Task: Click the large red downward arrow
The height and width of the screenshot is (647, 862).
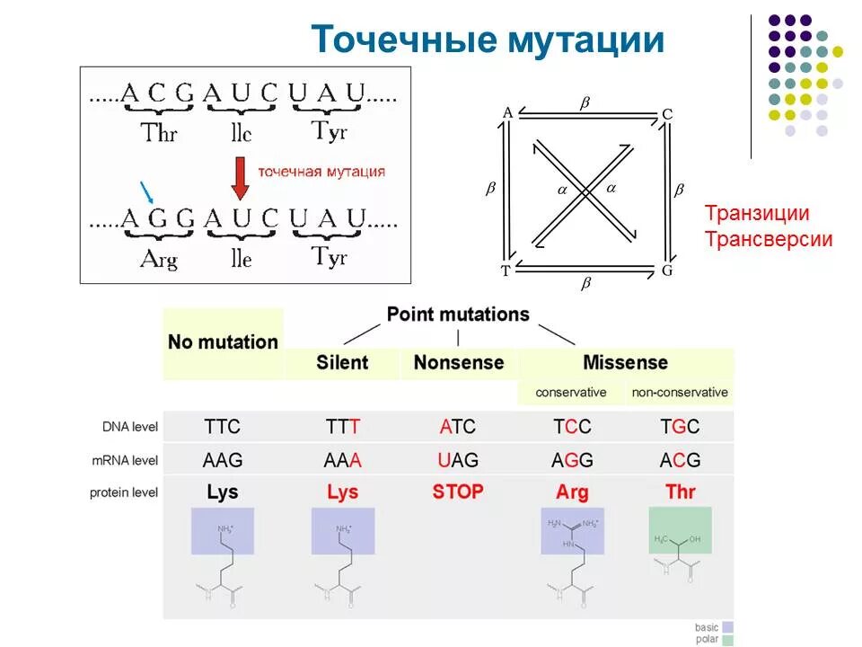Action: (x=240, y=177)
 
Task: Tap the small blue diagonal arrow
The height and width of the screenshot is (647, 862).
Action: (x=147, y=191)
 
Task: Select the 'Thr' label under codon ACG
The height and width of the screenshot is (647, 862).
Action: (x=160, y=133)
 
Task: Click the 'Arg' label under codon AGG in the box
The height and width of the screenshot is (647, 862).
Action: (x=159, y=260)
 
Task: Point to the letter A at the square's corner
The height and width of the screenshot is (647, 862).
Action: (x=507, y=112)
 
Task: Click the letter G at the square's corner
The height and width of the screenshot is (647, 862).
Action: (x=667, y=270)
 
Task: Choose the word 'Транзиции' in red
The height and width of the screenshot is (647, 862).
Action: (x=757, y=214)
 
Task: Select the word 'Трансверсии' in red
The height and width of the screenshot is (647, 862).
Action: (x=769, y=240)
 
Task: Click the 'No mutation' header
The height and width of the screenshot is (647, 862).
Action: (x=223, y=342)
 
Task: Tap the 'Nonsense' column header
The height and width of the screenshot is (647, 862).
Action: (x=458, y=363)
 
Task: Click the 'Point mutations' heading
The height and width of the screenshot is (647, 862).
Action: (x=458, y=315)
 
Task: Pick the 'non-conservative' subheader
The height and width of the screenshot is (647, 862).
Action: (x=680, y=393)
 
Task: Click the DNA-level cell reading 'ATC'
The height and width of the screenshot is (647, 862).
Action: (x=458, y=426)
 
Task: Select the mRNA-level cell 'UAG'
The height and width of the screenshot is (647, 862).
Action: (x=458, y=460)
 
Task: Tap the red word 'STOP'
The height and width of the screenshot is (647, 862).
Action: (x=458, y=492)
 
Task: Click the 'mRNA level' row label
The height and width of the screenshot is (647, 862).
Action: (x=124, y=461)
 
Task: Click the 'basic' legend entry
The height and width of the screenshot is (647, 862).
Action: (x=708, y=626)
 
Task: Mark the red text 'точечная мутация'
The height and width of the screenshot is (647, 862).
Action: (x=321, y=172)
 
